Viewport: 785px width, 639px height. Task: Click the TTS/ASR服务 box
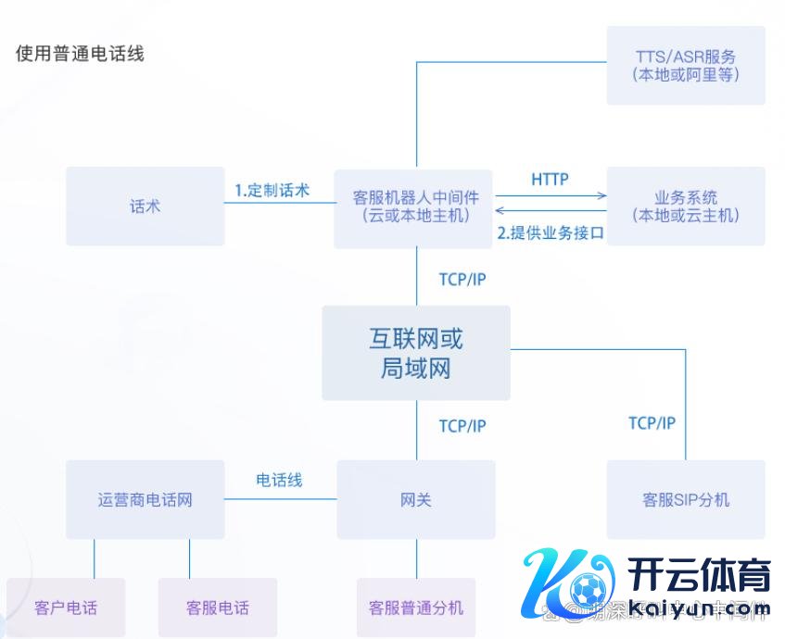(686, 65)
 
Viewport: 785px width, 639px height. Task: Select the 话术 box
(146, 207)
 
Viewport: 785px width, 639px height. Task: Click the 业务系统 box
(686, 207)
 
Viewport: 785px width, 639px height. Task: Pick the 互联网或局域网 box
(416, 353)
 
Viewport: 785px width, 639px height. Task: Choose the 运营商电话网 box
(146, 500)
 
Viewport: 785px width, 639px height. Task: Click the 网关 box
(416, 500)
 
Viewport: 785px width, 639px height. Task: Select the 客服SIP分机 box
(686, 500)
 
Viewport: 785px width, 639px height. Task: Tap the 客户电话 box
(66, 608)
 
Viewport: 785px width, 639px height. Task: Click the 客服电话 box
(218, 608)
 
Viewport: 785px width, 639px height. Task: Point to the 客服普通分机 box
(416, 608)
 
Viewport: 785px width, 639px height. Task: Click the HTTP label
(550, 179)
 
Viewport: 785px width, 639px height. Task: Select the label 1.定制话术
(272, 191)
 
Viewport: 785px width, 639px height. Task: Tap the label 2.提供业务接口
(551, 233)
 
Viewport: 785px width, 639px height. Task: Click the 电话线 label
(279, 480)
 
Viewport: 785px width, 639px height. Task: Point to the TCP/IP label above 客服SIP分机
(652, 423)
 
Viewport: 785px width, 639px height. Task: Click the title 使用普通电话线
(80, 53)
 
